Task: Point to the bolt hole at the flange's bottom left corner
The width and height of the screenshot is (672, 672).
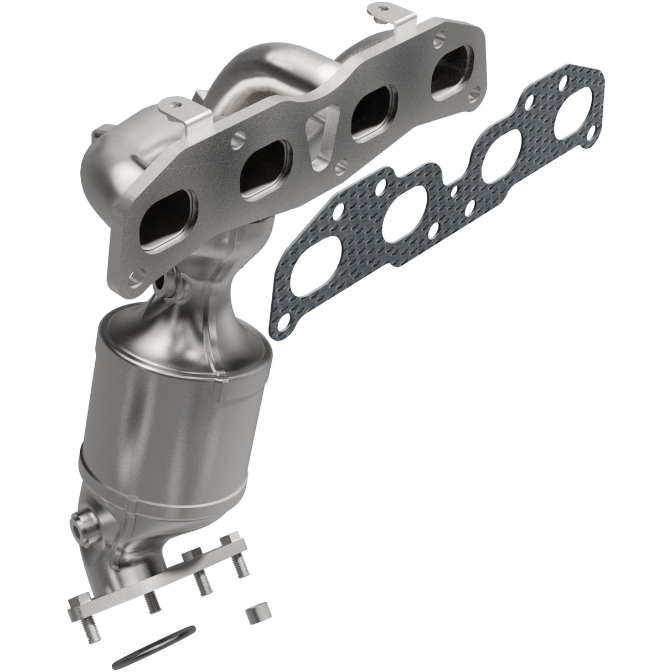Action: pyautogui.click(x=135, y=277)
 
